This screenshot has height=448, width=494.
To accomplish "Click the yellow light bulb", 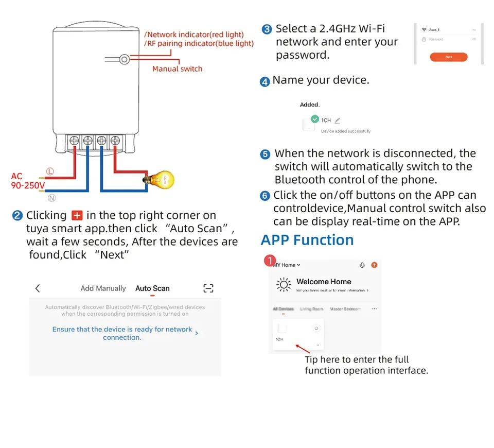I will pyautogui.click(x=165, y=180).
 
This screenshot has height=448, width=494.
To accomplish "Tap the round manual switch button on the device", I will pyautogui.click(x=124, y=59).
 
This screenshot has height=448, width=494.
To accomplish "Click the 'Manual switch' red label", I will pyautogui.click(x=177, y=68).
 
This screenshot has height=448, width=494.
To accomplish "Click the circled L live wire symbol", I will pyautogui.click(x=50, y=171).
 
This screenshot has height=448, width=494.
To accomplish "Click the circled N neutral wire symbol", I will pyautogui.click(x=52, y=198).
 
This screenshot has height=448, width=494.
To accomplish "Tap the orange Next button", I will pyautogui.click(x=449, y=57).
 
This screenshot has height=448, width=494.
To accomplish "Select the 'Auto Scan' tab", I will pyautogui.click(x=152, y=288).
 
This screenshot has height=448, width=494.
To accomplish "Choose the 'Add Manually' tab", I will pyautogui.click(x=103, y=288).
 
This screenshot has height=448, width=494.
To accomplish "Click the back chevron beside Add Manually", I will pyautogui.click(x=38, y=288).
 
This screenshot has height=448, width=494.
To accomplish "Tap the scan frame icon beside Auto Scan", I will pyautogui.click(x=208, y=288).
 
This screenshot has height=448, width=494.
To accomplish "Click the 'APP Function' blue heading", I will pyautogui.click(x=307, y=240).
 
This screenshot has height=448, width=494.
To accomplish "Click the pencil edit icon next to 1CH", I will pyautogui.click(x=337, y=120).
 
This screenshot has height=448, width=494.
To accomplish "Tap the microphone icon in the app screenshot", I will pyautogui.click(x=362, y=265).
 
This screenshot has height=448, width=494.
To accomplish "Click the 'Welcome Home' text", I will pyautogui.click(x=324, y=282).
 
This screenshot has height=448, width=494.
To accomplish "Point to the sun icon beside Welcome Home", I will pyautogui.click(x=284, y=284).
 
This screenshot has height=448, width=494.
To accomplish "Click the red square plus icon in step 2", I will pyautogui.click(x=77, y=215).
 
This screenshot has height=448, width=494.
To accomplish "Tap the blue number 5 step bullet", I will pyautogui.click(x=265, y=154).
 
